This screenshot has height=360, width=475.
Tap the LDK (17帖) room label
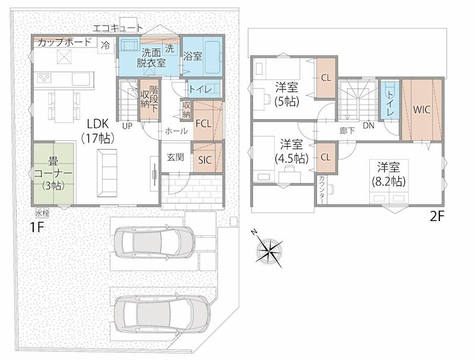(x=98, y=131)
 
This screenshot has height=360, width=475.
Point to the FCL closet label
(x=203, y=124)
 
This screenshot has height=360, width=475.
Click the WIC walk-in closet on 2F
(x=422, y=109)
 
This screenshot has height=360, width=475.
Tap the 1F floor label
(x=37, y=228)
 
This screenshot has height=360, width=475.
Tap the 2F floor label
(x=437, y=216)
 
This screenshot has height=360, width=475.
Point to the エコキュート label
(x=118, y=28)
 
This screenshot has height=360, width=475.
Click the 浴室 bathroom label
(x=192, y=56)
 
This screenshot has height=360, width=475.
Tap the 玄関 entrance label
(x=175, y=157)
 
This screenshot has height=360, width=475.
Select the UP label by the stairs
(x=128, y=125)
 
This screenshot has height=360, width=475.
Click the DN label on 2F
(x=369, y=125)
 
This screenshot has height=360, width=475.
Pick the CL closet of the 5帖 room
(x=326, y=78)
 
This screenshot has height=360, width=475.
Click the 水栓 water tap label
(x=42, y=213)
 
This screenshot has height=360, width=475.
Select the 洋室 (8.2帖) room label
(x=388, y=174)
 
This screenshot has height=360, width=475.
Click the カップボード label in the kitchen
(x=65, y=42)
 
